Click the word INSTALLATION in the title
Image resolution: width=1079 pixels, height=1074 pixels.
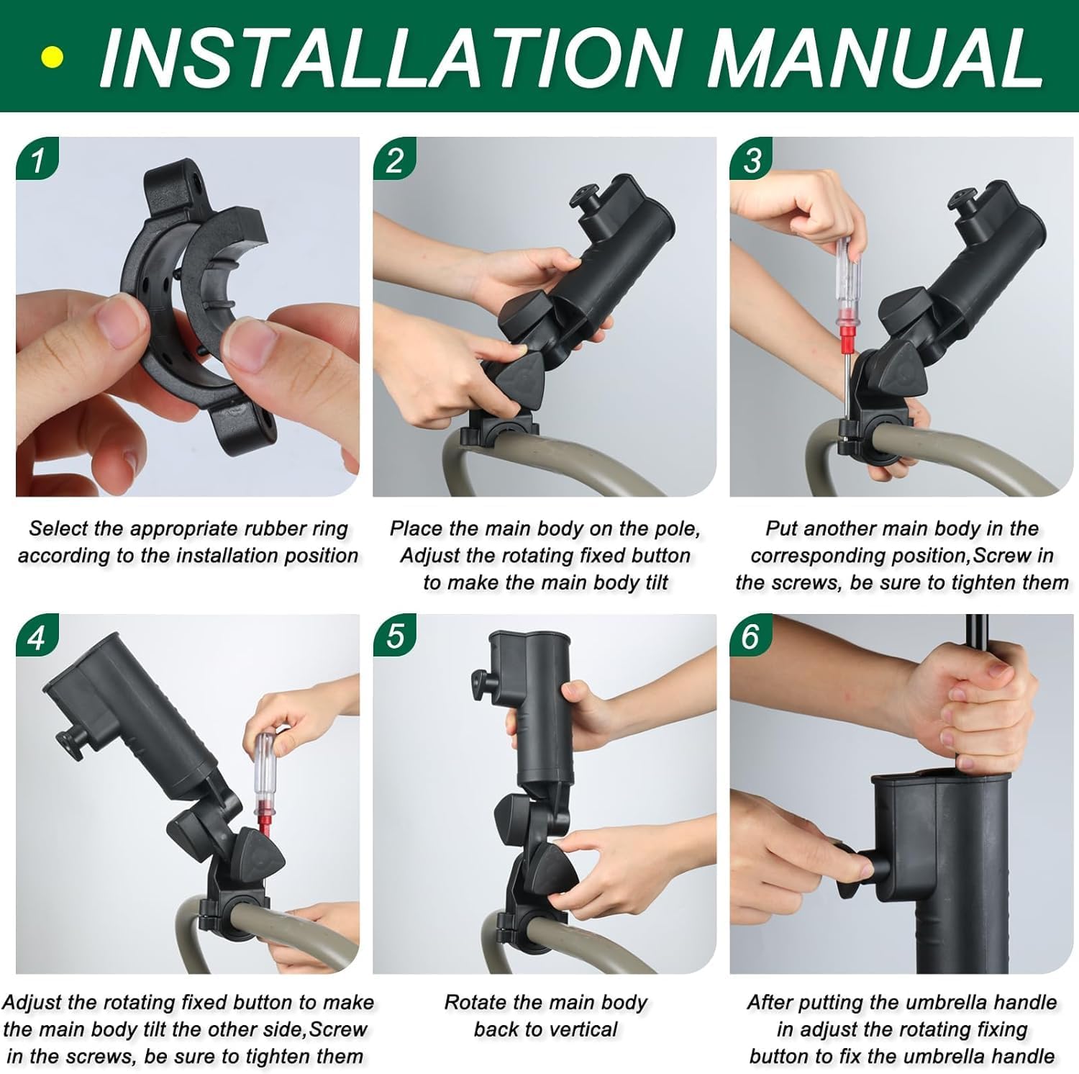pyautogui.click(x=388, y=58)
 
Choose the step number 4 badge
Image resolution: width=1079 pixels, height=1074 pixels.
pyautogui.click(x=36, y=637)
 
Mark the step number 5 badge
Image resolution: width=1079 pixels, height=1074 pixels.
pyautogui.click(x=393, y=637)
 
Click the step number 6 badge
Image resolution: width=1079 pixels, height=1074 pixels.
pyautogui.click(x=750, y=637)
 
